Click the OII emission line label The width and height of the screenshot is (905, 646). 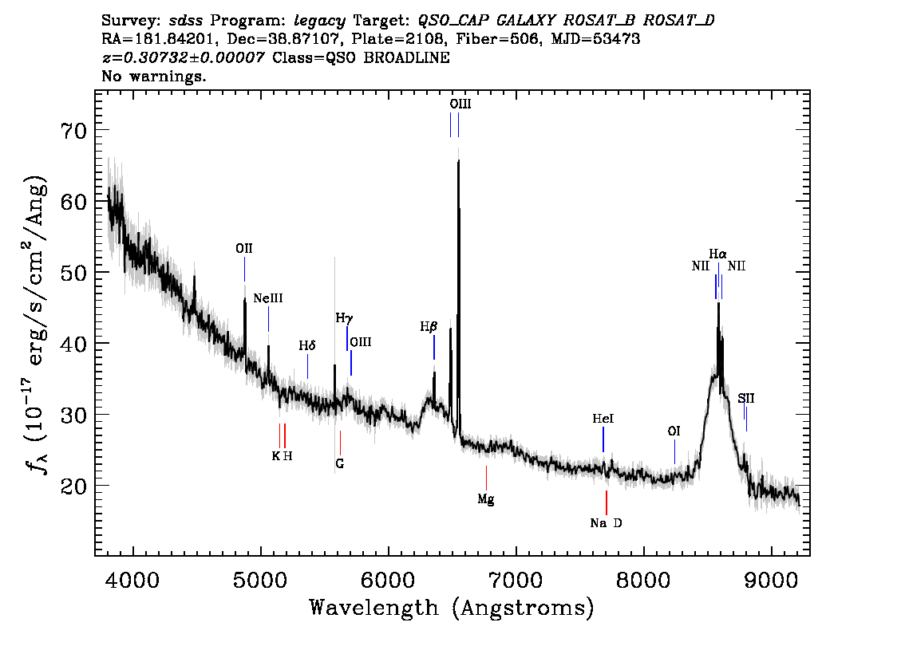click(x=244, y=249)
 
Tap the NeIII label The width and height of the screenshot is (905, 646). click(x=268, y=298)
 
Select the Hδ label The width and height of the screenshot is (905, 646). click(x=307, y=345)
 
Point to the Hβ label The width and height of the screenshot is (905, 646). click(x=429, y=327)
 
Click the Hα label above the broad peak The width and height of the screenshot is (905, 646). click(x=718, y=254)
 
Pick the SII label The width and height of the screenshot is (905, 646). click(x=745, y=398)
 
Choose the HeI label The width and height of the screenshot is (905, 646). click(x=603, y=418)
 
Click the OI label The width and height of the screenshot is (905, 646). click(x=674, y=431)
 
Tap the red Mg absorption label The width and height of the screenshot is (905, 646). click(x=486, y=499)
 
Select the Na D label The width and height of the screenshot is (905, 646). click(x=606, y=523)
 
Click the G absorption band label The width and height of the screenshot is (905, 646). click(x=340, y=463)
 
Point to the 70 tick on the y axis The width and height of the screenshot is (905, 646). click(x=73, y=130)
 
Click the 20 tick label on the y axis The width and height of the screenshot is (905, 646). click(x=73, y=486)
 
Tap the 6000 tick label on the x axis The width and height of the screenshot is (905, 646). click(x=389, y=580)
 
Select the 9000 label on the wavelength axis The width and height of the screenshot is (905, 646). click(x=771, y=580)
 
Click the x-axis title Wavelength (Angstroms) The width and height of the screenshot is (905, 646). click(x=452, y=608)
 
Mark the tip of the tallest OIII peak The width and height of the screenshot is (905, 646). click(x=458, y=160)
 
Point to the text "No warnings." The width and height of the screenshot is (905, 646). click(x=153, y=76)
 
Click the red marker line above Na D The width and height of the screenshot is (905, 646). click(x=606, y=502)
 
